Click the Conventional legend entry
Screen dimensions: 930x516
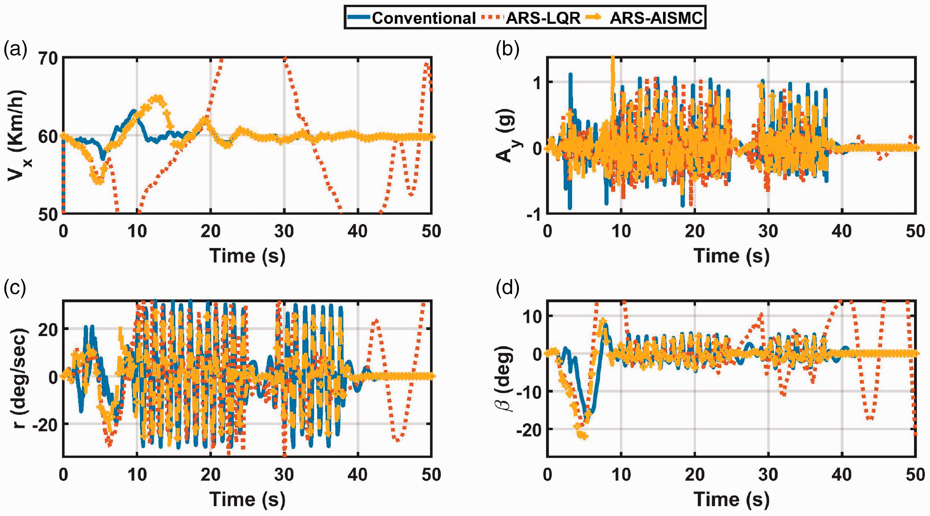tap(412, 18)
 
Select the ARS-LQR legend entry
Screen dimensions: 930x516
tap(531, 18)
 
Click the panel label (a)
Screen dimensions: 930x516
tap(16, 50)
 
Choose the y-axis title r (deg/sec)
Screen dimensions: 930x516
tap(18, 378)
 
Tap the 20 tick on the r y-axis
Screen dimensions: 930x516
tap(48, 329)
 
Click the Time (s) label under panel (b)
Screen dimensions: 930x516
tap(731, 256)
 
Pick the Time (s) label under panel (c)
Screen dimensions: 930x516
tap(247, 500)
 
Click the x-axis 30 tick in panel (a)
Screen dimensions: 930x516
tap(284, 231)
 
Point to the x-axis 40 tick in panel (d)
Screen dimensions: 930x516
tap(842, 474)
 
